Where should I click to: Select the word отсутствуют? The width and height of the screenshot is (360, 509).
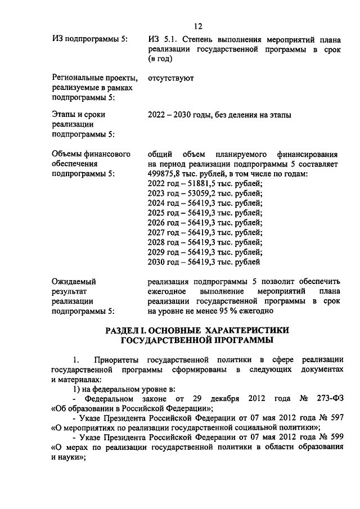(170, 79)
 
